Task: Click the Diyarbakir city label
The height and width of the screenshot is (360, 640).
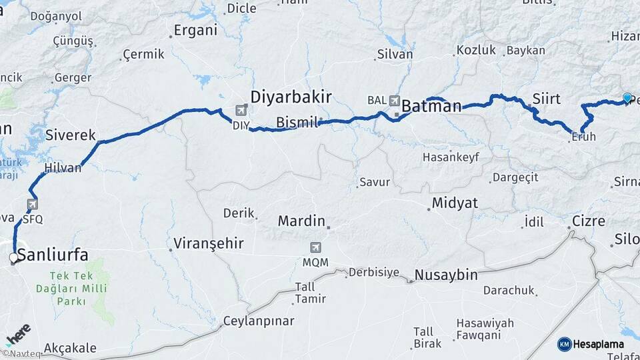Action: click(291, 97)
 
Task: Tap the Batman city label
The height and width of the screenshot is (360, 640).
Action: click(432, 106)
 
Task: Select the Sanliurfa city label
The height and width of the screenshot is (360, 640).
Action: click(53, 254)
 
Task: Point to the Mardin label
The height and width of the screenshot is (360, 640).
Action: click(301, 221)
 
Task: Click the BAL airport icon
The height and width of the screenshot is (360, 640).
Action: click(394, 101)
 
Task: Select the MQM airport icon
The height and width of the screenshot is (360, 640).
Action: click(315, 247)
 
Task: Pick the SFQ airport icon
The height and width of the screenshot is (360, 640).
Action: click(32, 204)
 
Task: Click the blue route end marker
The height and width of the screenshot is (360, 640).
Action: click(627, 98)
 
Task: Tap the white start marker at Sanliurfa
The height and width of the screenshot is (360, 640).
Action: click(13, 257)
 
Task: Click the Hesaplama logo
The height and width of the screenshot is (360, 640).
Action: click(591, 344)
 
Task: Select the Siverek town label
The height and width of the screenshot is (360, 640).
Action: click(67, 135)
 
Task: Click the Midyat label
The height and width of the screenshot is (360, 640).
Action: click(455, 203)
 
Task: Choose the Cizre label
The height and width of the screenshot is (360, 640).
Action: click(589, 221)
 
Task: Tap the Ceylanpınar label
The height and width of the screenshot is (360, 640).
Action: click(259, 321)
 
